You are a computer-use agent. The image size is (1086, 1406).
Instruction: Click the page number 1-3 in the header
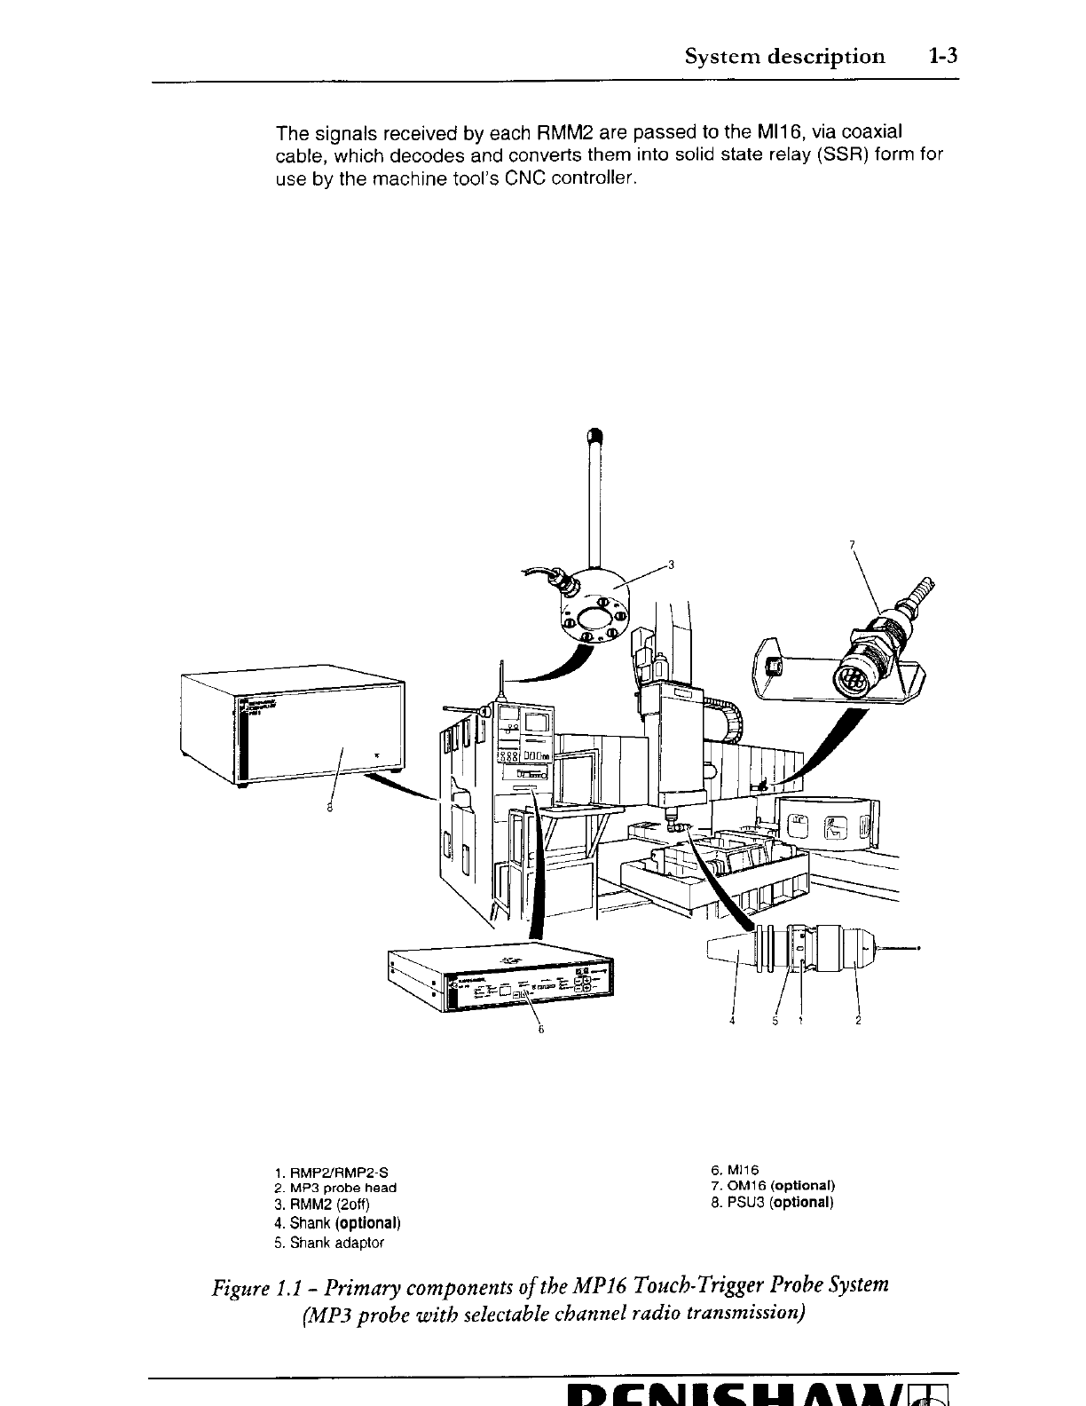pos(944,57)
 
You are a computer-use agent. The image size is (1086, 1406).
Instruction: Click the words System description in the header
pos(784,57)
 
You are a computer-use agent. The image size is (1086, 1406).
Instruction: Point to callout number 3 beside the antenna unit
pos(672,564)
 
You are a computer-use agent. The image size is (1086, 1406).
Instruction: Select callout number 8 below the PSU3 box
pos(329,808)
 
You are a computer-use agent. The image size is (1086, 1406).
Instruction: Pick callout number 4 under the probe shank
pos(732,1021)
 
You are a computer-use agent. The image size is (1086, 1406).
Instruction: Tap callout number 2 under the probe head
pos(858,1021)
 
